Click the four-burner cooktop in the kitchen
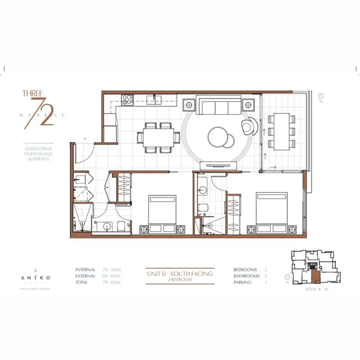128,100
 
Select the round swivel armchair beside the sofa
249,126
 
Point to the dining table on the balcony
282,130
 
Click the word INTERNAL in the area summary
85,270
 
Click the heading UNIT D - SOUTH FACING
180,273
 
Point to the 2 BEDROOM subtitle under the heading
180,279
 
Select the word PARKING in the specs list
243,282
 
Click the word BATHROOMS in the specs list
246,276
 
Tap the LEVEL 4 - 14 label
316,290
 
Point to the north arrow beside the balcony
321,99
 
